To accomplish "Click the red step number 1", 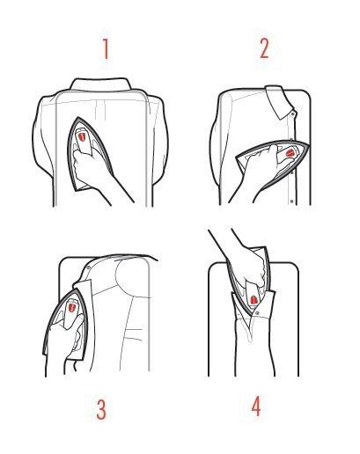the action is pos(106,49).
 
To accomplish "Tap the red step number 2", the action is pos(264,48).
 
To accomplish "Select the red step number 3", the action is pos(101,409).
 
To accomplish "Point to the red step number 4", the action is pos(256,406).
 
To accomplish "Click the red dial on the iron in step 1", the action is pos(82,135).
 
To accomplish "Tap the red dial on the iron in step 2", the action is pos(290,152).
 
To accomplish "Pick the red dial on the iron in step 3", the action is pos(71,308).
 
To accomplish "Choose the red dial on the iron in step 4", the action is pos(253,300).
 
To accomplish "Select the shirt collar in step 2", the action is pos(279,102).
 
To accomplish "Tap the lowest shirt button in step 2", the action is pos(291,201).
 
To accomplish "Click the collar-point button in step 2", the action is pos(292,113).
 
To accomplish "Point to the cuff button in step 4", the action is pos(257,313).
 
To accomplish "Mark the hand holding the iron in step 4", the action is pos(249,264).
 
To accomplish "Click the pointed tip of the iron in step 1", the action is pos(78,118).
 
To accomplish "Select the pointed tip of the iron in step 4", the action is pos(250,316).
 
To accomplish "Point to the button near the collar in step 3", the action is pos(89,267).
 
